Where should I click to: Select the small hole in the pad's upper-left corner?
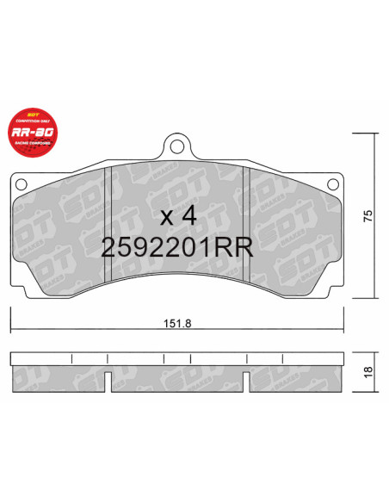[21, 183]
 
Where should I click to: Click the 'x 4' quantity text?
[178, 214]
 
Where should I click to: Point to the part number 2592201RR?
[176, 248]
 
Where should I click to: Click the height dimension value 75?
[368, 217]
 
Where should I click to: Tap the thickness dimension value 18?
[368, 371]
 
